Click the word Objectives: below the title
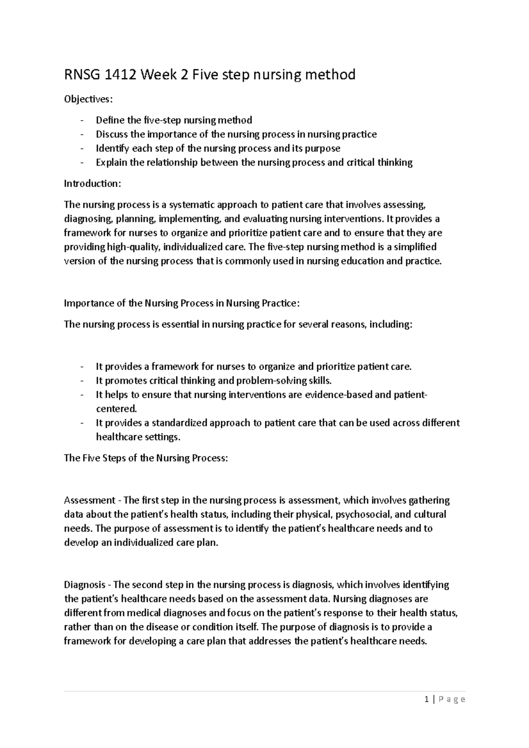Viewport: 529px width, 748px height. tap(88, 100)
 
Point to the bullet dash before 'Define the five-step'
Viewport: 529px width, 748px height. tap(82, 120)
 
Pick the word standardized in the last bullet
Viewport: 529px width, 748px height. tap(179, 423)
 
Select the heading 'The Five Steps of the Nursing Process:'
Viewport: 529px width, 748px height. tap(146, 458)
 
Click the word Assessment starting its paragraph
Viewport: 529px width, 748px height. tap(89, 500)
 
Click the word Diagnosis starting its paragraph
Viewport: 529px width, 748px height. tap(85, 585)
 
